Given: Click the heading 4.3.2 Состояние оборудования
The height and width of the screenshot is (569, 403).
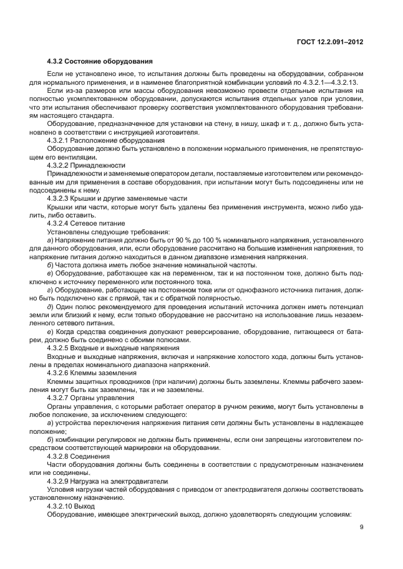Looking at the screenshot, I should pyautogui.click(x=96, y=62).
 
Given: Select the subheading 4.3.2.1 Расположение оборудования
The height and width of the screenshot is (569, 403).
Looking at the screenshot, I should pyautogui.click(x=97, y=141).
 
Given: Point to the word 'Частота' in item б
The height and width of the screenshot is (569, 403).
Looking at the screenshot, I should pyautogui.click(x=70, y=264).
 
